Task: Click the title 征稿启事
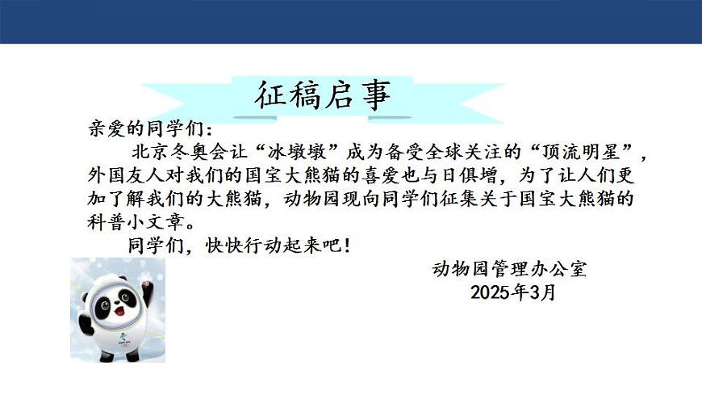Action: [323, 95]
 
